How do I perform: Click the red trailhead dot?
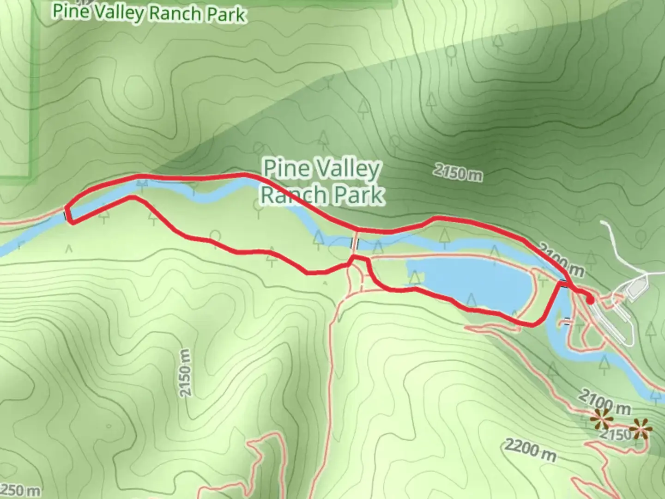(590, 300)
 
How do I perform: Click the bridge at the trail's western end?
(68, 214)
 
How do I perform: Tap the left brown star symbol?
(601, 419)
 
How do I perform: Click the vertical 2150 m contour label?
(185, 372)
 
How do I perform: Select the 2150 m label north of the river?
(458, 172)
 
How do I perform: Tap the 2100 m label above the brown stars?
(604, 401)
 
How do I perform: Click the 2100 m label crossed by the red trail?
(561, 262)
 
